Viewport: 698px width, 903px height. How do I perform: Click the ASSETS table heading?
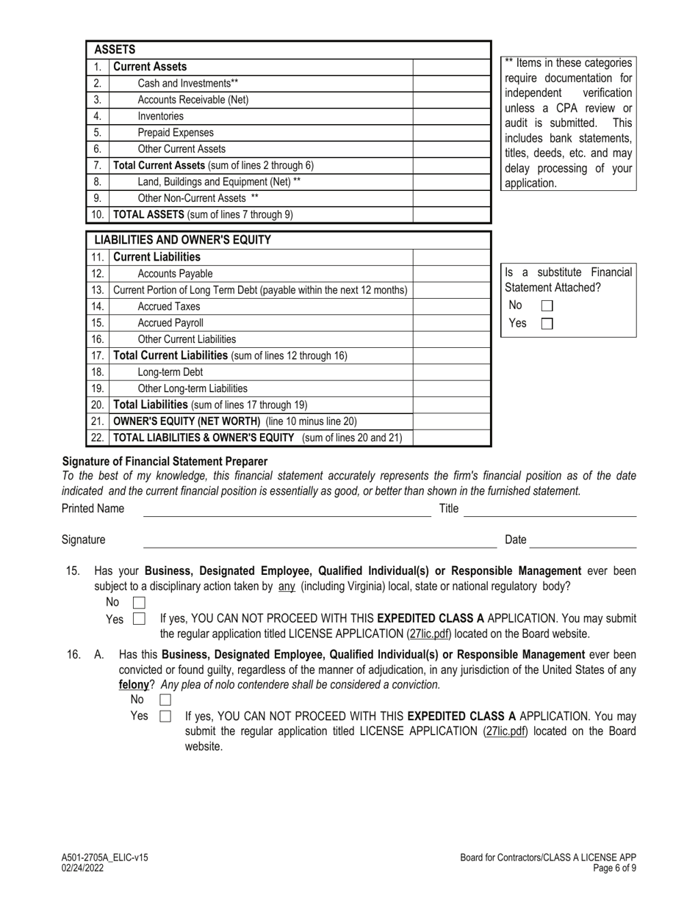click(x=120, y=50)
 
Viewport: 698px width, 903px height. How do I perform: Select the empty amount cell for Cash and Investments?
click(x=451, y=83)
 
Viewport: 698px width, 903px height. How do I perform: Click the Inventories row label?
click(x=161, y=116)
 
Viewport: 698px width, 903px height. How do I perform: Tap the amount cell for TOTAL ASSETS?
click(x=451, y=215)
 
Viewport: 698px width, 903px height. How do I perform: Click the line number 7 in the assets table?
click(x=97, y=165)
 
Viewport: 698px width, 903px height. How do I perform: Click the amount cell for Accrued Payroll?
click(x=451, y=322)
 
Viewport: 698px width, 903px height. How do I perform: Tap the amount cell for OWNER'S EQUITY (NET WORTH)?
click(x=451, y=421)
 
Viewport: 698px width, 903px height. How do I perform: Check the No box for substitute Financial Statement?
click(x=547, y=306)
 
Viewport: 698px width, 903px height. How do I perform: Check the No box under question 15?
click(x=138, y=603)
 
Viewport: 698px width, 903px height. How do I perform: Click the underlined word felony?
click(x=134, y=684)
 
